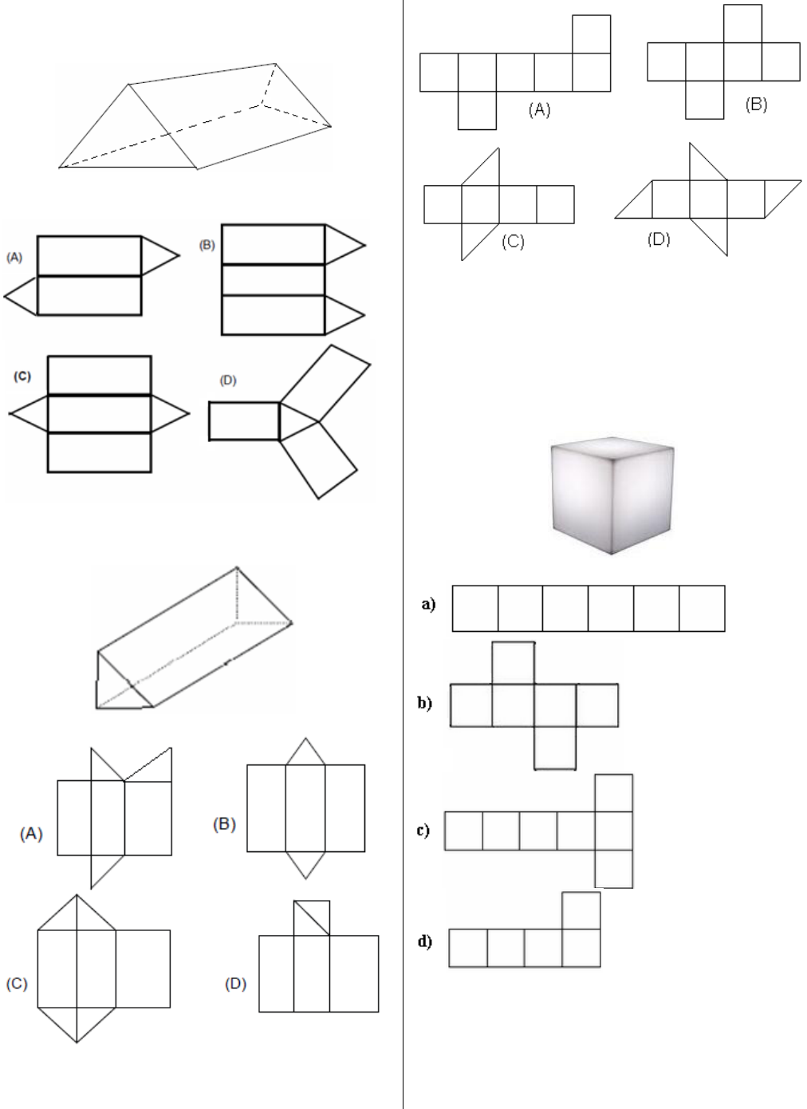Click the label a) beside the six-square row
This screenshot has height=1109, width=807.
[428, 604]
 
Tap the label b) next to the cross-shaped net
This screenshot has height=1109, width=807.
[424, 703]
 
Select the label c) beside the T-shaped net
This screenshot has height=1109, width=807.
[423, 830]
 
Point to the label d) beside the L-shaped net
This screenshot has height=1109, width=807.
[425, 941]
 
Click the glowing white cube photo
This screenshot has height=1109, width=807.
[612, 495]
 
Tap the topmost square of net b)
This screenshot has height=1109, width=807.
[513, 663]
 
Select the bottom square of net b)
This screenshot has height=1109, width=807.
[555, 748]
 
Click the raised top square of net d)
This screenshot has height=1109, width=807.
[581, 910]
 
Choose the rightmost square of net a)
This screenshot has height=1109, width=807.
[702, 609]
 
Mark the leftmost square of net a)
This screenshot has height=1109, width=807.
[475, 609]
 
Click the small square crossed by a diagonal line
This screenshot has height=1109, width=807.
[312, 918]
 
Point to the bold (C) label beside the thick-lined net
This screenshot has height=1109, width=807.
[22, 377]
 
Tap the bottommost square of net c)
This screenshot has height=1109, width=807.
[613, 869]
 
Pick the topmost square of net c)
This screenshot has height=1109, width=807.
[613, 793]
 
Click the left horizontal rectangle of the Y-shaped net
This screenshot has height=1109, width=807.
[245, 421]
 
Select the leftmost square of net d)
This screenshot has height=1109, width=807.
[468, 948]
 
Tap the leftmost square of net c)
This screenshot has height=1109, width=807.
[463, 831]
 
